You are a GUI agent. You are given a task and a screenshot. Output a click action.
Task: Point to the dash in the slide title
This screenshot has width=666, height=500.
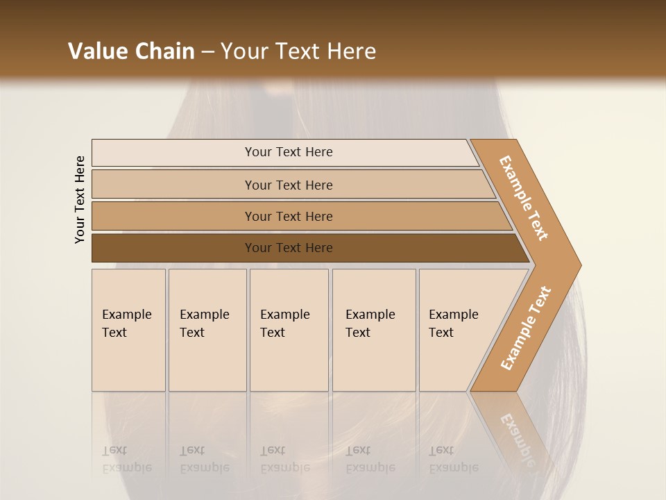click(207, 52)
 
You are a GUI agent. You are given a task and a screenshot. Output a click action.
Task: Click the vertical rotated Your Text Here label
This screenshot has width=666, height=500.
click(80, 199)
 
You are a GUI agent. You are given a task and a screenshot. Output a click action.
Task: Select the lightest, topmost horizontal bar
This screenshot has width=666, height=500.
click(284, 152)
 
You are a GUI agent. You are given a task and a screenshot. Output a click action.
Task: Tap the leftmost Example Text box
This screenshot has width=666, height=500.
click(128, 329)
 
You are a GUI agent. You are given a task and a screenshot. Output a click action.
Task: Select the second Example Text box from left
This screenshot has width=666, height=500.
click(207, 329)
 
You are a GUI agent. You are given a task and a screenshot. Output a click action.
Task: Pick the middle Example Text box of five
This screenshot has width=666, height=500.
click(288, 329)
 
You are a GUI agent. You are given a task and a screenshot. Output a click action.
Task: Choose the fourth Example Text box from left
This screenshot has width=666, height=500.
click(373, 329)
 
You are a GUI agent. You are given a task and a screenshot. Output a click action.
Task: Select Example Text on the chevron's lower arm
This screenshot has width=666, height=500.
click(526, 328)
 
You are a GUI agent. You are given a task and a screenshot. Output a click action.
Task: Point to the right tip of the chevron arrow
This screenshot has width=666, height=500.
click(579, 265)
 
